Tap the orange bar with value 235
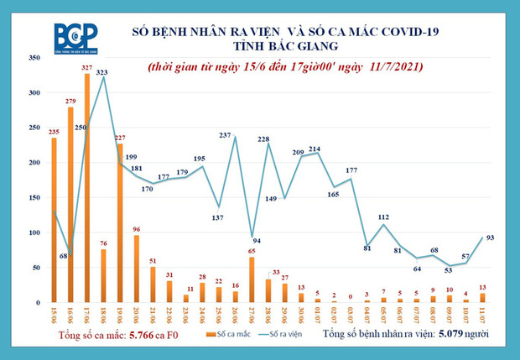point(54,220)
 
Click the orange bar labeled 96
point(136,269)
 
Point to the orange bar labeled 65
point(252,279)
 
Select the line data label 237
point(225,135)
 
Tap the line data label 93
point(491,237)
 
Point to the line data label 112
point(384,217)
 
